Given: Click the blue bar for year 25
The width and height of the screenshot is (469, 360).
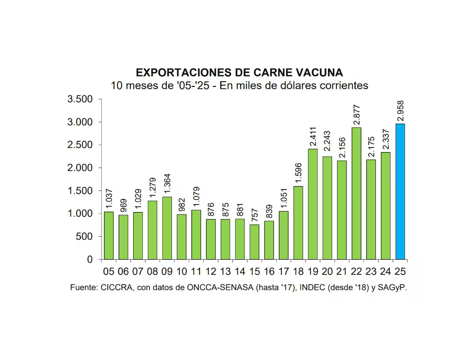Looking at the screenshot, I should pyautogui.click(x=400, y=191).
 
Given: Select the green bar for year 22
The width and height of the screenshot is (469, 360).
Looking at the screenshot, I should pyautogui.click(x=356, y=193).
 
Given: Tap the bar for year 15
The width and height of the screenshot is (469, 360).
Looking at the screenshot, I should pyautogui.click(x=254, y=242).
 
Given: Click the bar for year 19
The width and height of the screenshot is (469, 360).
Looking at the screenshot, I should pyautogui.click(x=313, y=204).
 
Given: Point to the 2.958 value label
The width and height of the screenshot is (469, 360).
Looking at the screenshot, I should pyautogui.click(x=400, y=111).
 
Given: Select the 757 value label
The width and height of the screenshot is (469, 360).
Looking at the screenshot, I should pyautogui.click(x=254, y=215).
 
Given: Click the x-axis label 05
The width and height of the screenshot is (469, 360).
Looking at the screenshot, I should pyautogui.click(x=109, y=271).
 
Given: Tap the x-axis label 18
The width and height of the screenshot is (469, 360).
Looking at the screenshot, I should pyautogui.click(x=298, y=271).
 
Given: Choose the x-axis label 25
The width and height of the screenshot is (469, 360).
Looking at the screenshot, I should pyautogui.click(x=400, y=271).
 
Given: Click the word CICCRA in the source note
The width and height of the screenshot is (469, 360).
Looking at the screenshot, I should pyautogui.click(x=116, y=287).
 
